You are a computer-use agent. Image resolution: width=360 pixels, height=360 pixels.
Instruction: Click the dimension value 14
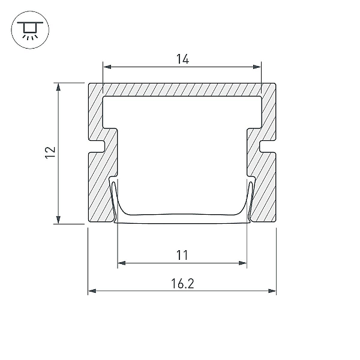coord(182,59)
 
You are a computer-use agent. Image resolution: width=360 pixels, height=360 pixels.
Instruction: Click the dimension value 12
coord(50,152)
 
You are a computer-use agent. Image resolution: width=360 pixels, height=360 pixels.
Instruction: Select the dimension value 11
coord(182,256)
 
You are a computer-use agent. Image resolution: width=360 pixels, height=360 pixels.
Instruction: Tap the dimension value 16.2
coord(182,284)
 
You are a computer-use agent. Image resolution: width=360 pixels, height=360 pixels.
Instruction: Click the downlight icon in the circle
coord(30,30)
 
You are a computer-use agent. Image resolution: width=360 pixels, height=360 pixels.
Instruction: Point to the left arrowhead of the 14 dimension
coord(107,67)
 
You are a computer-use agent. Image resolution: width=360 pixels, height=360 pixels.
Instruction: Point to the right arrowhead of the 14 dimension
coord(257,67)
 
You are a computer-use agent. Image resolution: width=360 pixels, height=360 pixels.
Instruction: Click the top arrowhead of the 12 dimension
coord(58,87)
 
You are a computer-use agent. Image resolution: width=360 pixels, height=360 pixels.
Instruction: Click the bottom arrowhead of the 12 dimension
coord(58,220)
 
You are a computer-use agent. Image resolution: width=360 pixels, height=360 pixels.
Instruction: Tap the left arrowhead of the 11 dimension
coord(122,263)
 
